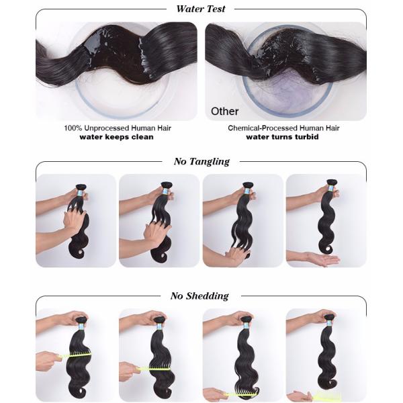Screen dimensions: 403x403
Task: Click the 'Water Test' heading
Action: (201, 9)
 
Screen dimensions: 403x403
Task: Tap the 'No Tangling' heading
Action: (201, 162)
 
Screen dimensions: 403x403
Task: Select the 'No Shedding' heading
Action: (199, 296)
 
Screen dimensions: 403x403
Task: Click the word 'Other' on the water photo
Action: (224, 111)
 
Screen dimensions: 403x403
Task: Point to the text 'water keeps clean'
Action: (116, 137)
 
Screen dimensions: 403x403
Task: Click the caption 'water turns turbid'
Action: (282, 137)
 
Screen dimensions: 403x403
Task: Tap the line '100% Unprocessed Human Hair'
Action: (118, 128)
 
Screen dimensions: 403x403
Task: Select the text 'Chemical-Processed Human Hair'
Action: (283, 128)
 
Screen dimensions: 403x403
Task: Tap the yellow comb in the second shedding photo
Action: (154, 369)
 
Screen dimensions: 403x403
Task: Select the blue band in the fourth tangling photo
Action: (331, 188)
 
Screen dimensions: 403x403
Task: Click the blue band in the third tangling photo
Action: (247, 191)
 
